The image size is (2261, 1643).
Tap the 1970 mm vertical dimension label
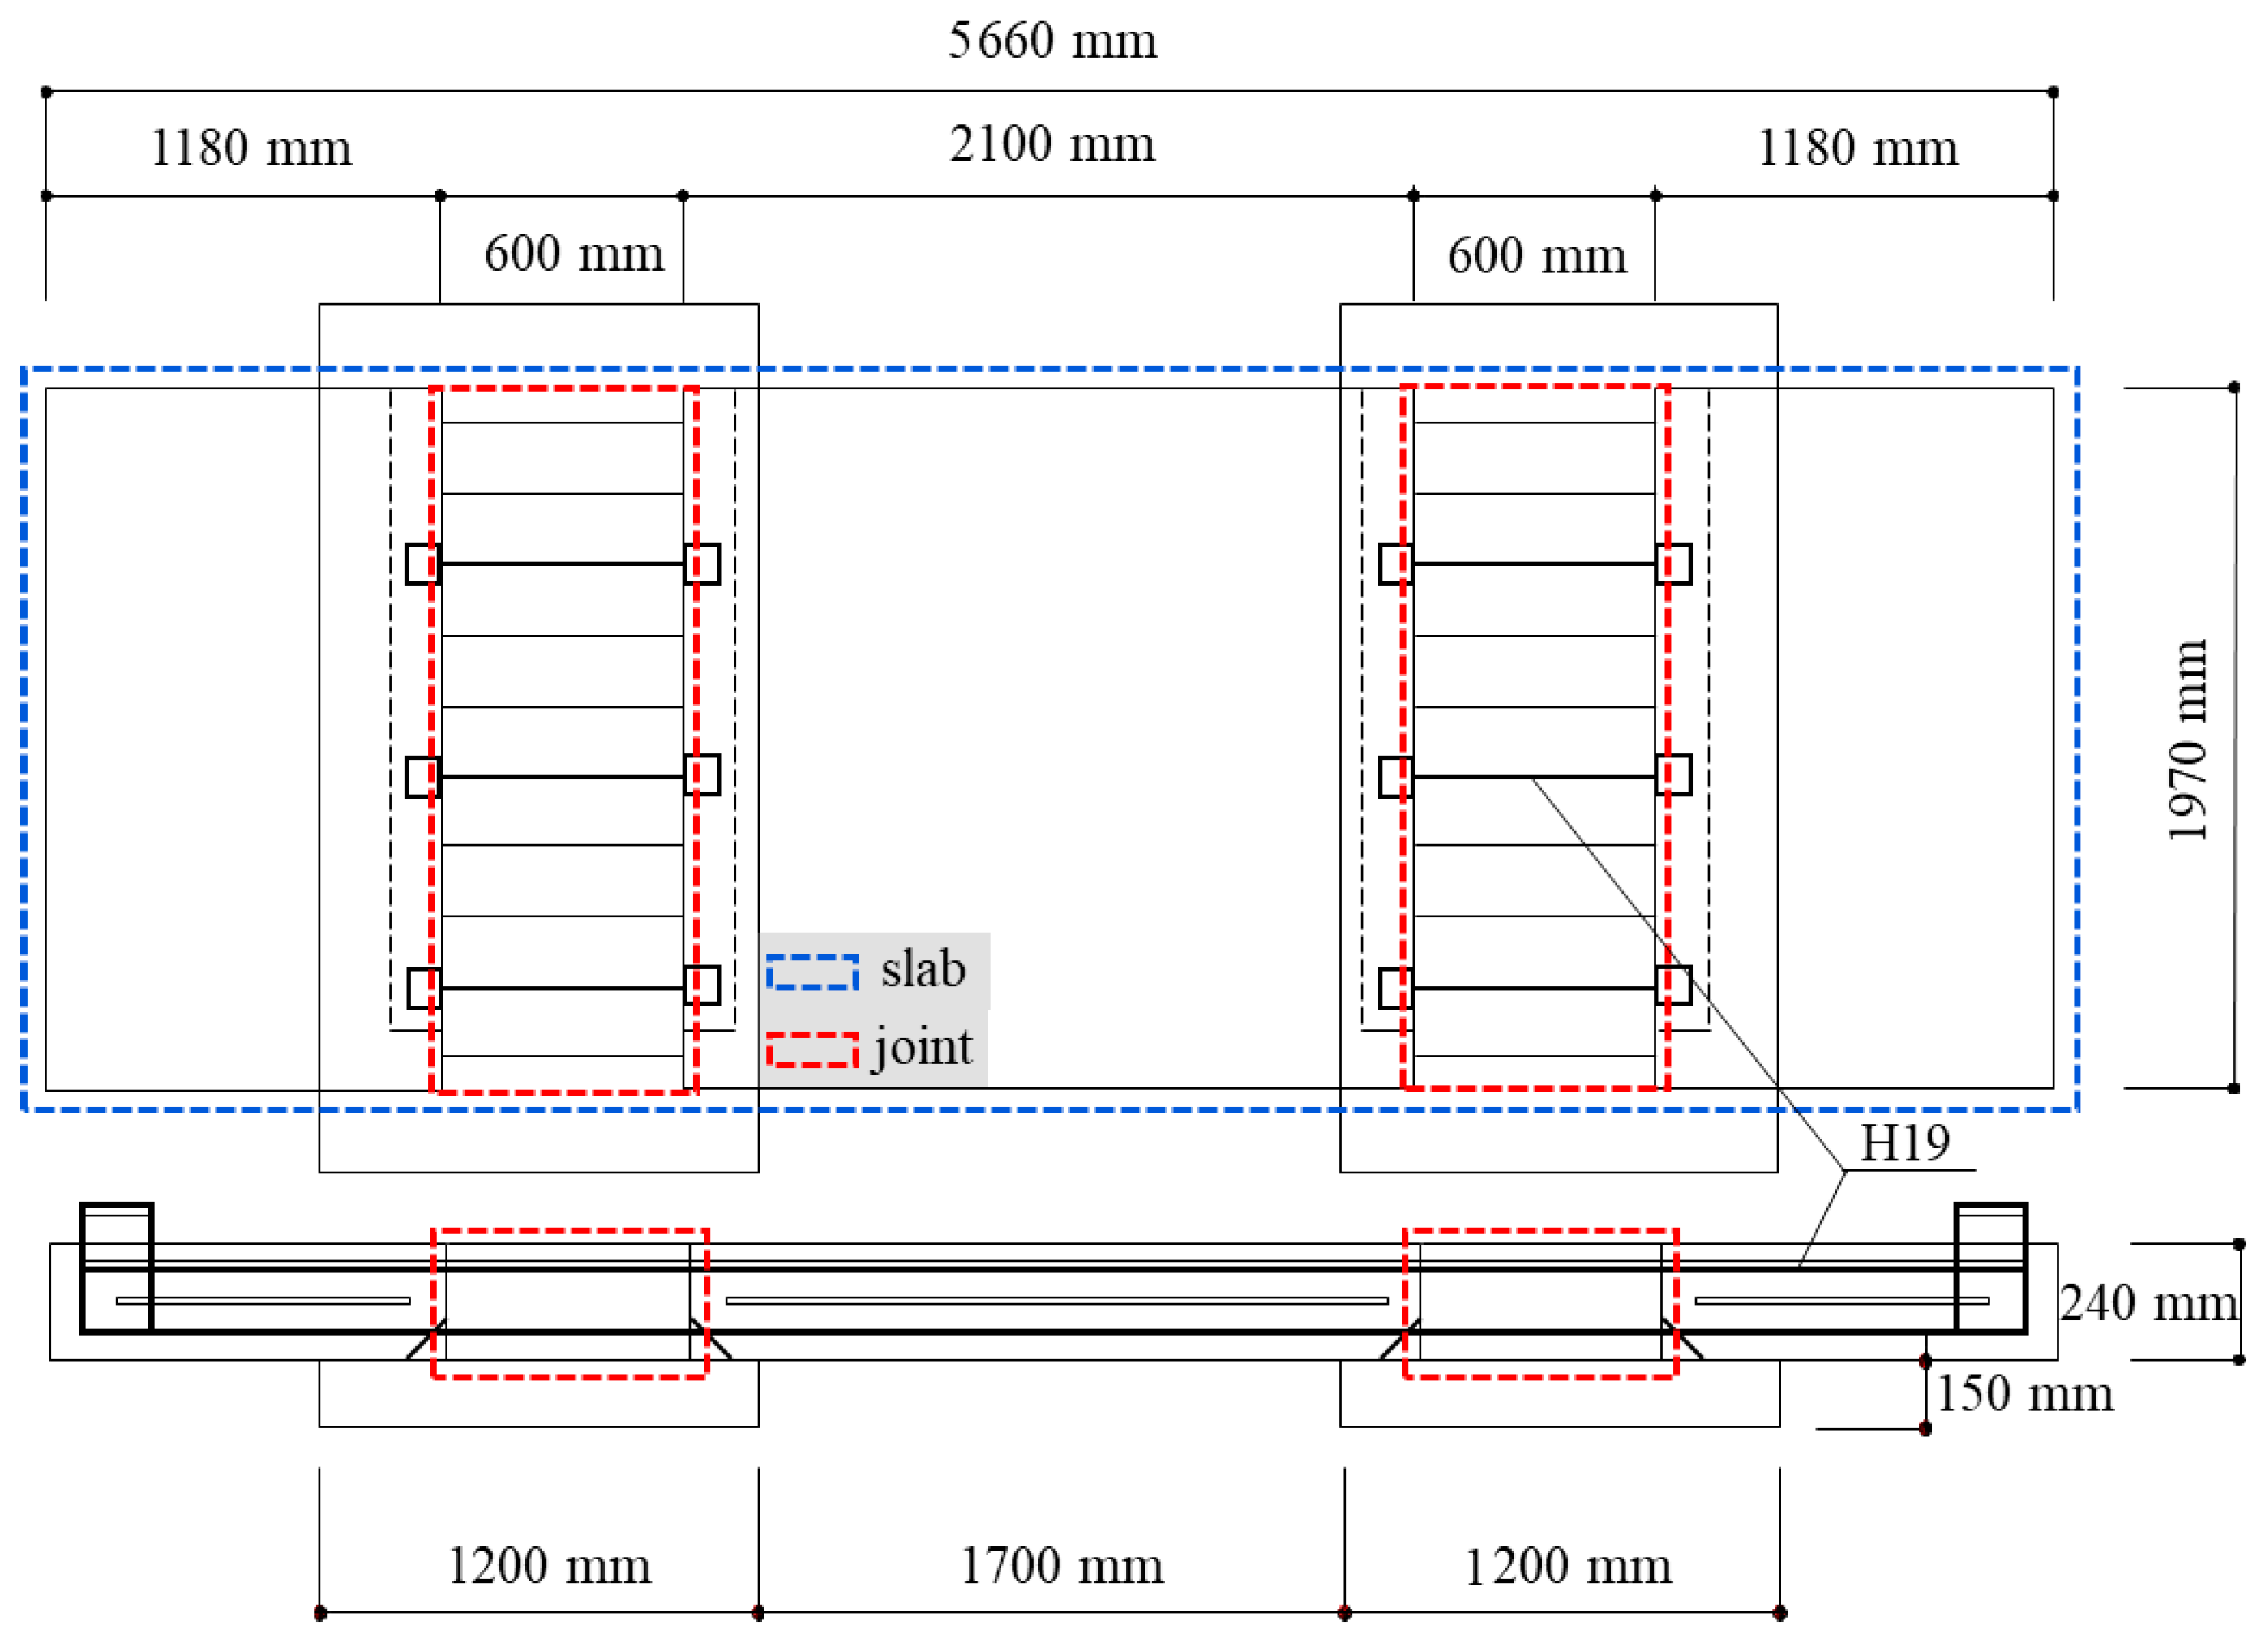pos(2188,740)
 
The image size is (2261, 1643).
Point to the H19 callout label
pos(1904,1143)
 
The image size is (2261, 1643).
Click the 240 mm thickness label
pos(2148,1304)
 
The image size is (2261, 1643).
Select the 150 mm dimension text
pos(2023,1394)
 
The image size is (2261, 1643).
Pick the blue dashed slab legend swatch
pos(812,972)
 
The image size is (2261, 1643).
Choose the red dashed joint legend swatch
pos(812,1051)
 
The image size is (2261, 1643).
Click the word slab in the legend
pos(922,969)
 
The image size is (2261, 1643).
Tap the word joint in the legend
pos(922,1048)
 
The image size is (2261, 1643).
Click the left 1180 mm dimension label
pos(251,148)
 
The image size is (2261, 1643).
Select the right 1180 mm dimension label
pos(1856,148)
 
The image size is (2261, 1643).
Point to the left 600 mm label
pos(573,254)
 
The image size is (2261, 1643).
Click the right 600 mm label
pos(1536,256)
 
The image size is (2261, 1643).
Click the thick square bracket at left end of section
pos(117,1268)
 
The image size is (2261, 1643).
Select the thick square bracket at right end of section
pos(1990,1268)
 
